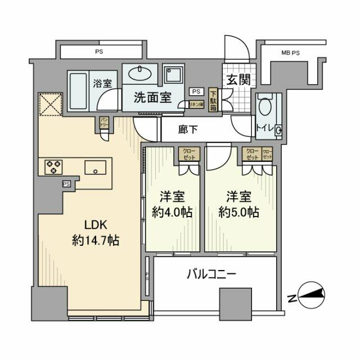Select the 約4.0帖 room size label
(x=172, y=213)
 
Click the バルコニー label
(x=211, y=274)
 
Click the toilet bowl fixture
(x=265, y=110)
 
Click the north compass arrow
(x=308, y=294)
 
